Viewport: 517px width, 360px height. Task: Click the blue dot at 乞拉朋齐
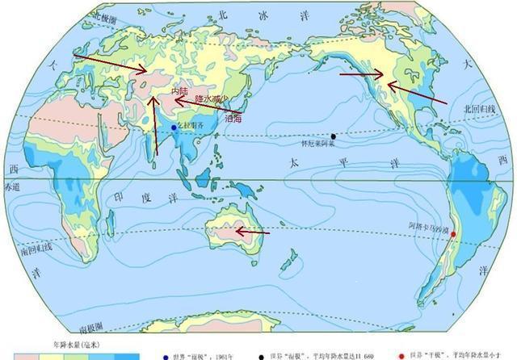173,128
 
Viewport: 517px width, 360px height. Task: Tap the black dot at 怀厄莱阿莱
333,136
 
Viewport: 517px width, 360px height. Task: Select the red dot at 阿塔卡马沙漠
453,235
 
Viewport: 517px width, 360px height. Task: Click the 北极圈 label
107,15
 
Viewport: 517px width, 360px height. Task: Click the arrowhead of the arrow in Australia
237,232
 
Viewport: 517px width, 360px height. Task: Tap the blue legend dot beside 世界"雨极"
166,354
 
